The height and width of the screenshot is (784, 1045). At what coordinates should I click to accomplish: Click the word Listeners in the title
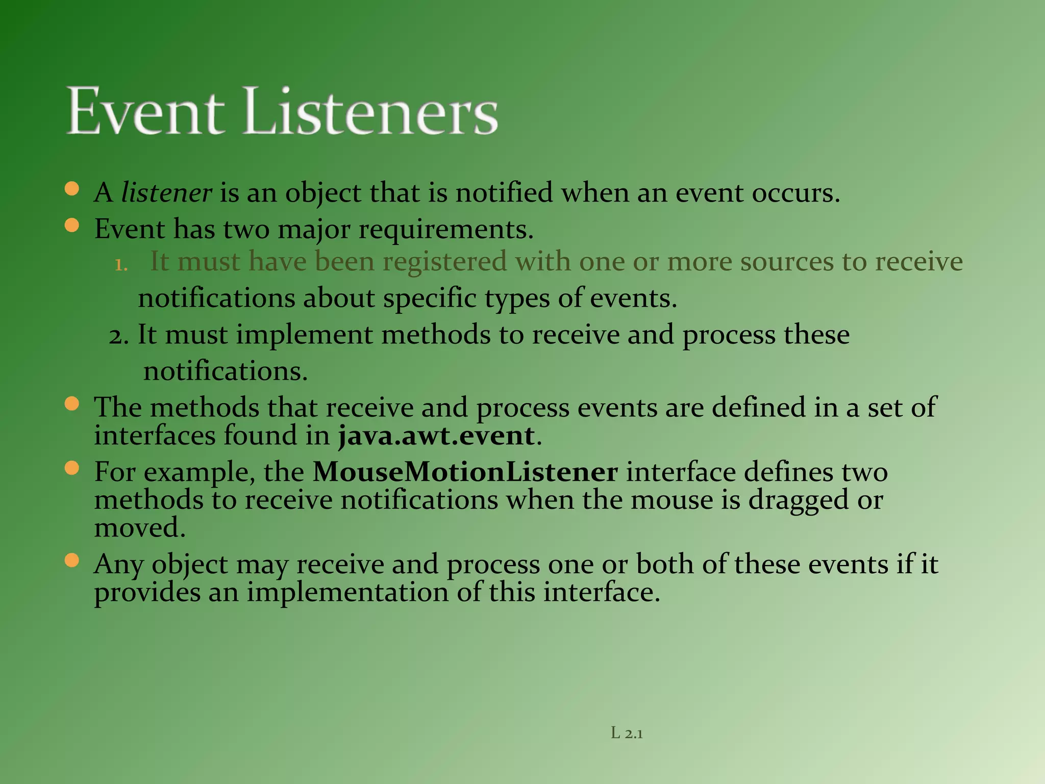coord(371,111)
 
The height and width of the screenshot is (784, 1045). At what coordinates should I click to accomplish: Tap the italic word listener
coord(166,193)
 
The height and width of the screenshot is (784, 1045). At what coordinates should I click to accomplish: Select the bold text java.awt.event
coord(436,436)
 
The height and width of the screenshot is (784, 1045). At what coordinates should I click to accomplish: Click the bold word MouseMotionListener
coord(465,472)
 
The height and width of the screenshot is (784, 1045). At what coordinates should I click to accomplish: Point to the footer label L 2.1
coord(627,734)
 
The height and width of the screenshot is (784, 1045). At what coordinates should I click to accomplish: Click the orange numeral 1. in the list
coord(121,265)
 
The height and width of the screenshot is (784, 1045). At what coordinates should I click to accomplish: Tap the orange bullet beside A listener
coord(72,189)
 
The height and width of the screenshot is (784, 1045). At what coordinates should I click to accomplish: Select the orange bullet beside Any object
coord(72,561)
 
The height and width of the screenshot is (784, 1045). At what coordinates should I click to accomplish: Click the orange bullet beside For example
coord(72,468)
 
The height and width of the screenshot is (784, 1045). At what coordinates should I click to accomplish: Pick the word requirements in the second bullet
coord(445,230)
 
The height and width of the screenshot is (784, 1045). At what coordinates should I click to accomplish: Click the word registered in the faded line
coord(444,262)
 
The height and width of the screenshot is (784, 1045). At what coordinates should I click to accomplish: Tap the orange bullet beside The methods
coord(72,404)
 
